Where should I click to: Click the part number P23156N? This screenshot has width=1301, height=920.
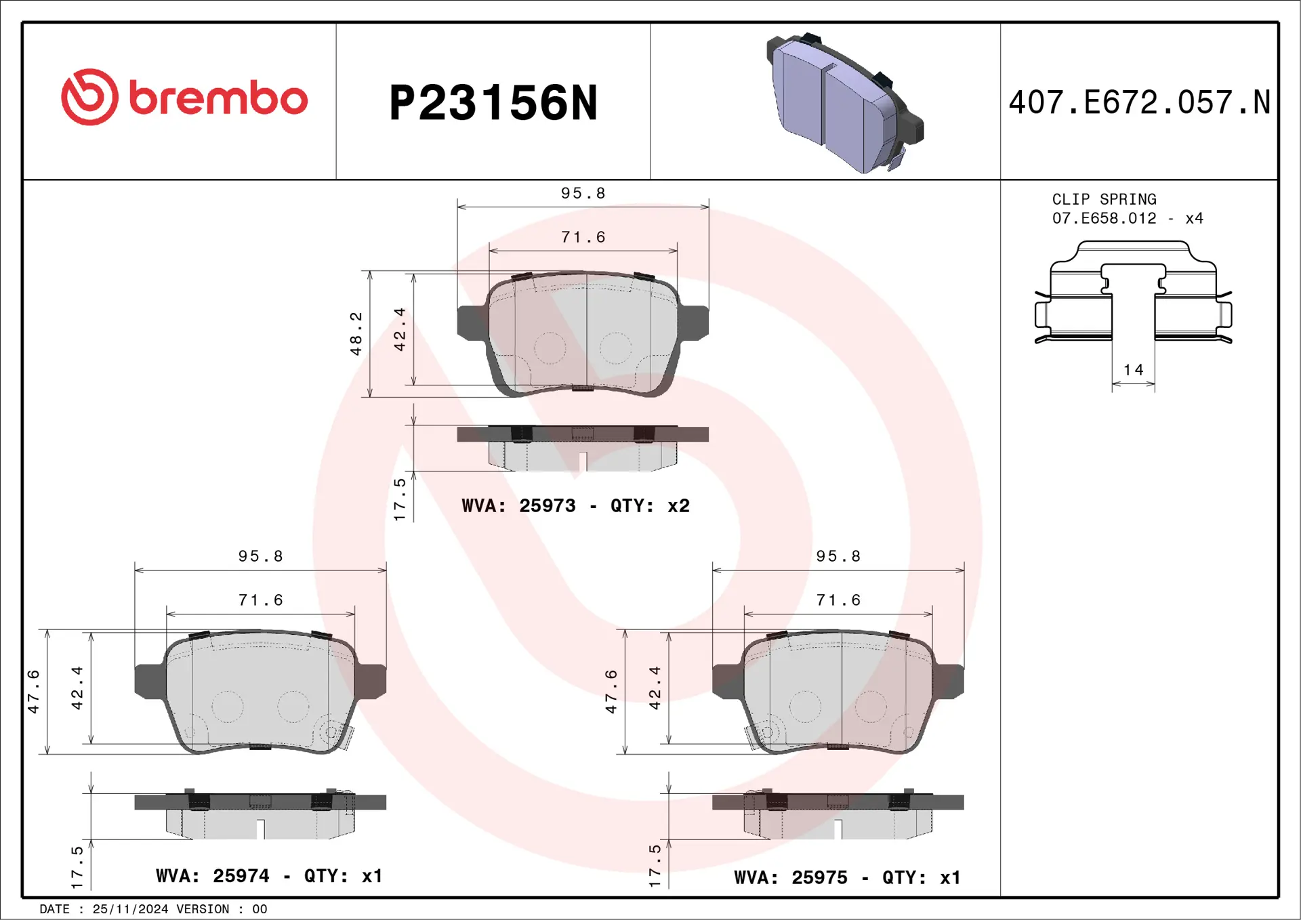pos(493,103)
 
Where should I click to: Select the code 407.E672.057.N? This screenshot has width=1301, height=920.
pos(1139,102)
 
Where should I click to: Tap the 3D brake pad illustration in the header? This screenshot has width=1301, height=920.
pos(845,103)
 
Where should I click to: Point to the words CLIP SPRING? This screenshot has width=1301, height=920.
pos(1104,199)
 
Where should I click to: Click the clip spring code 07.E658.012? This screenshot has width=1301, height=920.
pos(1104,218)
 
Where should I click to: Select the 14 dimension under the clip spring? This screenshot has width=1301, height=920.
pos(1133,370)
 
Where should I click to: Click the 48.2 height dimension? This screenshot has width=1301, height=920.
pos(356,334)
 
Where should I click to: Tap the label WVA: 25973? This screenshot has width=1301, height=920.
pos(518,505)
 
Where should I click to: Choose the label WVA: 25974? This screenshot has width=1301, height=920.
pos(213,876)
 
